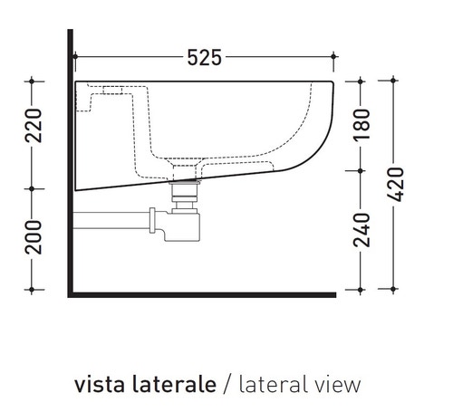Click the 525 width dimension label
(x=205, y=58)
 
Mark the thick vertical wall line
(x=70, y=163)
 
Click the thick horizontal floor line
(x=199, y=293)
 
